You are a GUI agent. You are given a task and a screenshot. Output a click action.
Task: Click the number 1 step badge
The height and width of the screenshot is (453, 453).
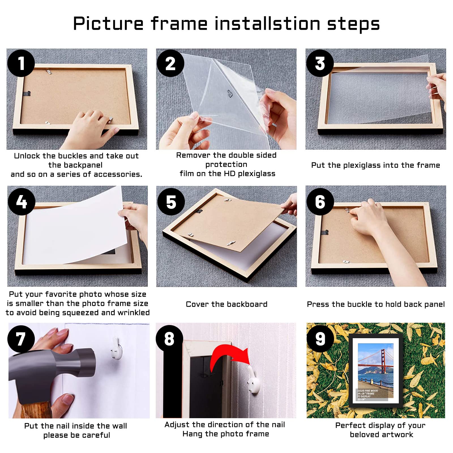(21, 63)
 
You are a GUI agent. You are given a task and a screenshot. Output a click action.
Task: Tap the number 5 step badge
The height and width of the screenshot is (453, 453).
(171, 202)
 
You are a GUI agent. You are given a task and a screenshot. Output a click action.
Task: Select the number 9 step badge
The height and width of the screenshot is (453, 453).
(320, 339)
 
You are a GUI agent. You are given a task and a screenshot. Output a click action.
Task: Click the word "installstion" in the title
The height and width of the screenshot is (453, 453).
(267, 23)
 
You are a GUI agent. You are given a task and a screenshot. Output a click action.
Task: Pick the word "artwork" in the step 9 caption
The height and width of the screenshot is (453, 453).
(396, 435)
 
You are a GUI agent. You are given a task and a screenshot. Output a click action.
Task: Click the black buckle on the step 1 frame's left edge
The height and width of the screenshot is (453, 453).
(27, 93)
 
